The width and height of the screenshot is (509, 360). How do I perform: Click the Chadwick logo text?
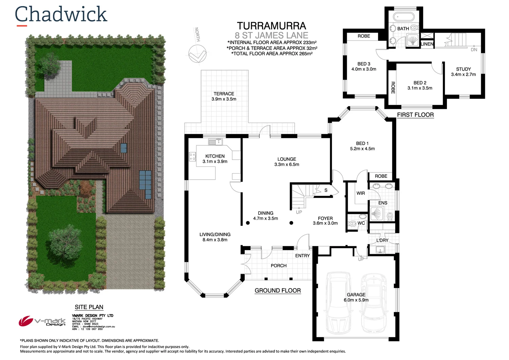click(61, 14)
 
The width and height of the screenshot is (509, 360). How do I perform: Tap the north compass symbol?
click(197, 54)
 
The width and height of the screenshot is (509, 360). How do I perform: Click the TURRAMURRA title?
click(271, 26)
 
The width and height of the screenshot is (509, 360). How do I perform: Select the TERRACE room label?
click(224, 94)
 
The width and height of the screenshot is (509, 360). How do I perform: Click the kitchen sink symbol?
click(215, 142)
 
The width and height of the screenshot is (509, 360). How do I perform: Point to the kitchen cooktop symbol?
click(192, 157)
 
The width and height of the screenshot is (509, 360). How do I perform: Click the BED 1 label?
click(362, 143)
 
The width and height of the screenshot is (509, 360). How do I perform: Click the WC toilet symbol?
click(352, 223)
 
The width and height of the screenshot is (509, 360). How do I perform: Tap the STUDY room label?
click(463, 69)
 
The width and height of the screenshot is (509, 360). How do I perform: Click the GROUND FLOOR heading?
click(278, 291)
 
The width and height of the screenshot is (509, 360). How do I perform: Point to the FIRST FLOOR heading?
click(415, 115)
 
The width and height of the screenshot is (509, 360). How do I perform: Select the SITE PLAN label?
click(89, 307)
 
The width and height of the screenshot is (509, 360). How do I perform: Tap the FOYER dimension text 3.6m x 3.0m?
click(325, 223)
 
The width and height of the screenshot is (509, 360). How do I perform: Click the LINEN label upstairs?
click(427, 44)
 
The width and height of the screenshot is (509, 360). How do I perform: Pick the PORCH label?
click(279, 266)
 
